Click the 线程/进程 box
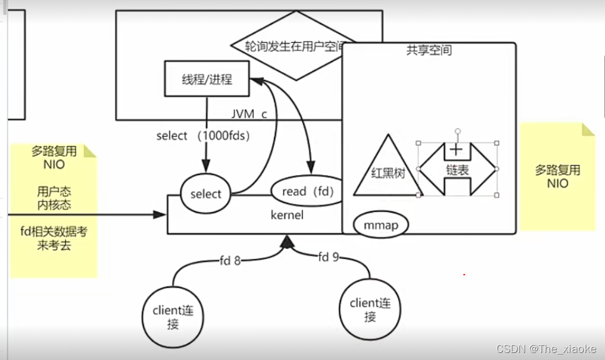coord(207,79)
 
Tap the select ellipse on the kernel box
coord(206,194)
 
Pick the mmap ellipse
coord(380,225)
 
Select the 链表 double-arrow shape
coord(457,169)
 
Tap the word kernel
coord(287,215)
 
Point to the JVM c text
coord(249,114)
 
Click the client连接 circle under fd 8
coord(173,318)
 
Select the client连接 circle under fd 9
coord(370,309)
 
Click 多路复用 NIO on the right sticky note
coord(557,177)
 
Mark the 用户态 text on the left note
coord(53,191)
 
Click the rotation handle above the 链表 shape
coord(458,131)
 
